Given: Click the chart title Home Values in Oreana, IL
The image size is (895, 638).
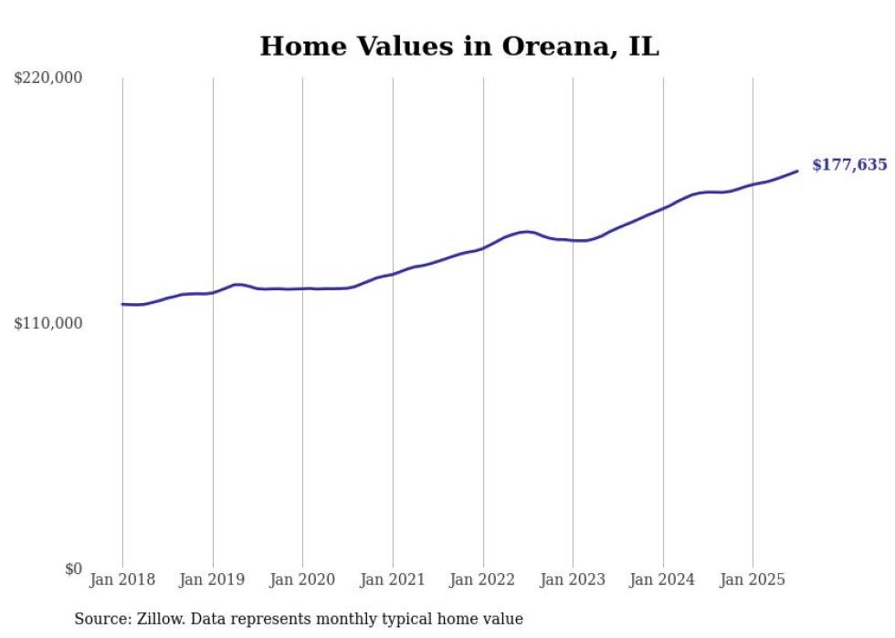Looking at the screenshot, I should [458, 47].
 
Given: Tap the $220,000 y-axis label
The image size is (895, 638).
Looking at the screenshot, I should [48, 78].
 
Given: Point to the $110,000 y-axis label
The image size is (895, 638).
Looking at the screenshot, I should [48, 324].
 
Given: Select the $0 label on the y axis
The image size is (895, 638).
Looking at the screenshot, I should [74, 570].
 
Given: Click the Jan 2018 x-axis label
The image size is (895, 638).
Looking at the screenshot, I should [122, 580].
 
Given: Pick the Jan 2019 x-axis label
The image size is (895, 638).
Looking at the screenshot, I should [213, 580].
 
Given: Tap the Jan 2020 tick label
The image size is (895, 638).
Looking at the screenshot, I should [302, 580].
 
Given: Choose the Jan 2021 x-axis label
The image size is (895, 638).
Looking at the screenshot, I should [393, 580].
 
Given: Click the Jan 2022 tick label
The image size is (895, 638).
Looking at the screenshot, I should [483, 580].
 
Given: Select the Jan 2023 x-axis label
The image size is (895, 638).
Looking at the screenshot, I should [573, 580].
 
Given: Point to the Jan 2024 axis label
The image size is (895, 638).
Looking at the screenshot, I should [663, 580].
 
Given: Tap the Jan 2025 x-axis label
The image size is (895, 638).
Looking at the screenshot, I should [753, 580].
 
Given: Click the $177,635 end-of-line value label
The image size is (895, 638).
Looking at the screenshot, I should [848, 165].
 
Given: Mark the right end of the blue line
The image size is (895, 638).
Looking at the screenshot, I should [797, 171].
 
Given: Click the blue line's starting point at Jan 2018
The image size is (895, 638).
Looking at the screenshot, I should [122, 304].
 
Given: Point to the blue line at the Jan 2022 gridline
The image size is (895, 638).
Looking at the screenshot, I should [483, 247].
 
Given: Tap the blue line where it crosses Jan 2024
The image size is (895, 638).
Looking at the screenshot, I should [663, 208].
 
